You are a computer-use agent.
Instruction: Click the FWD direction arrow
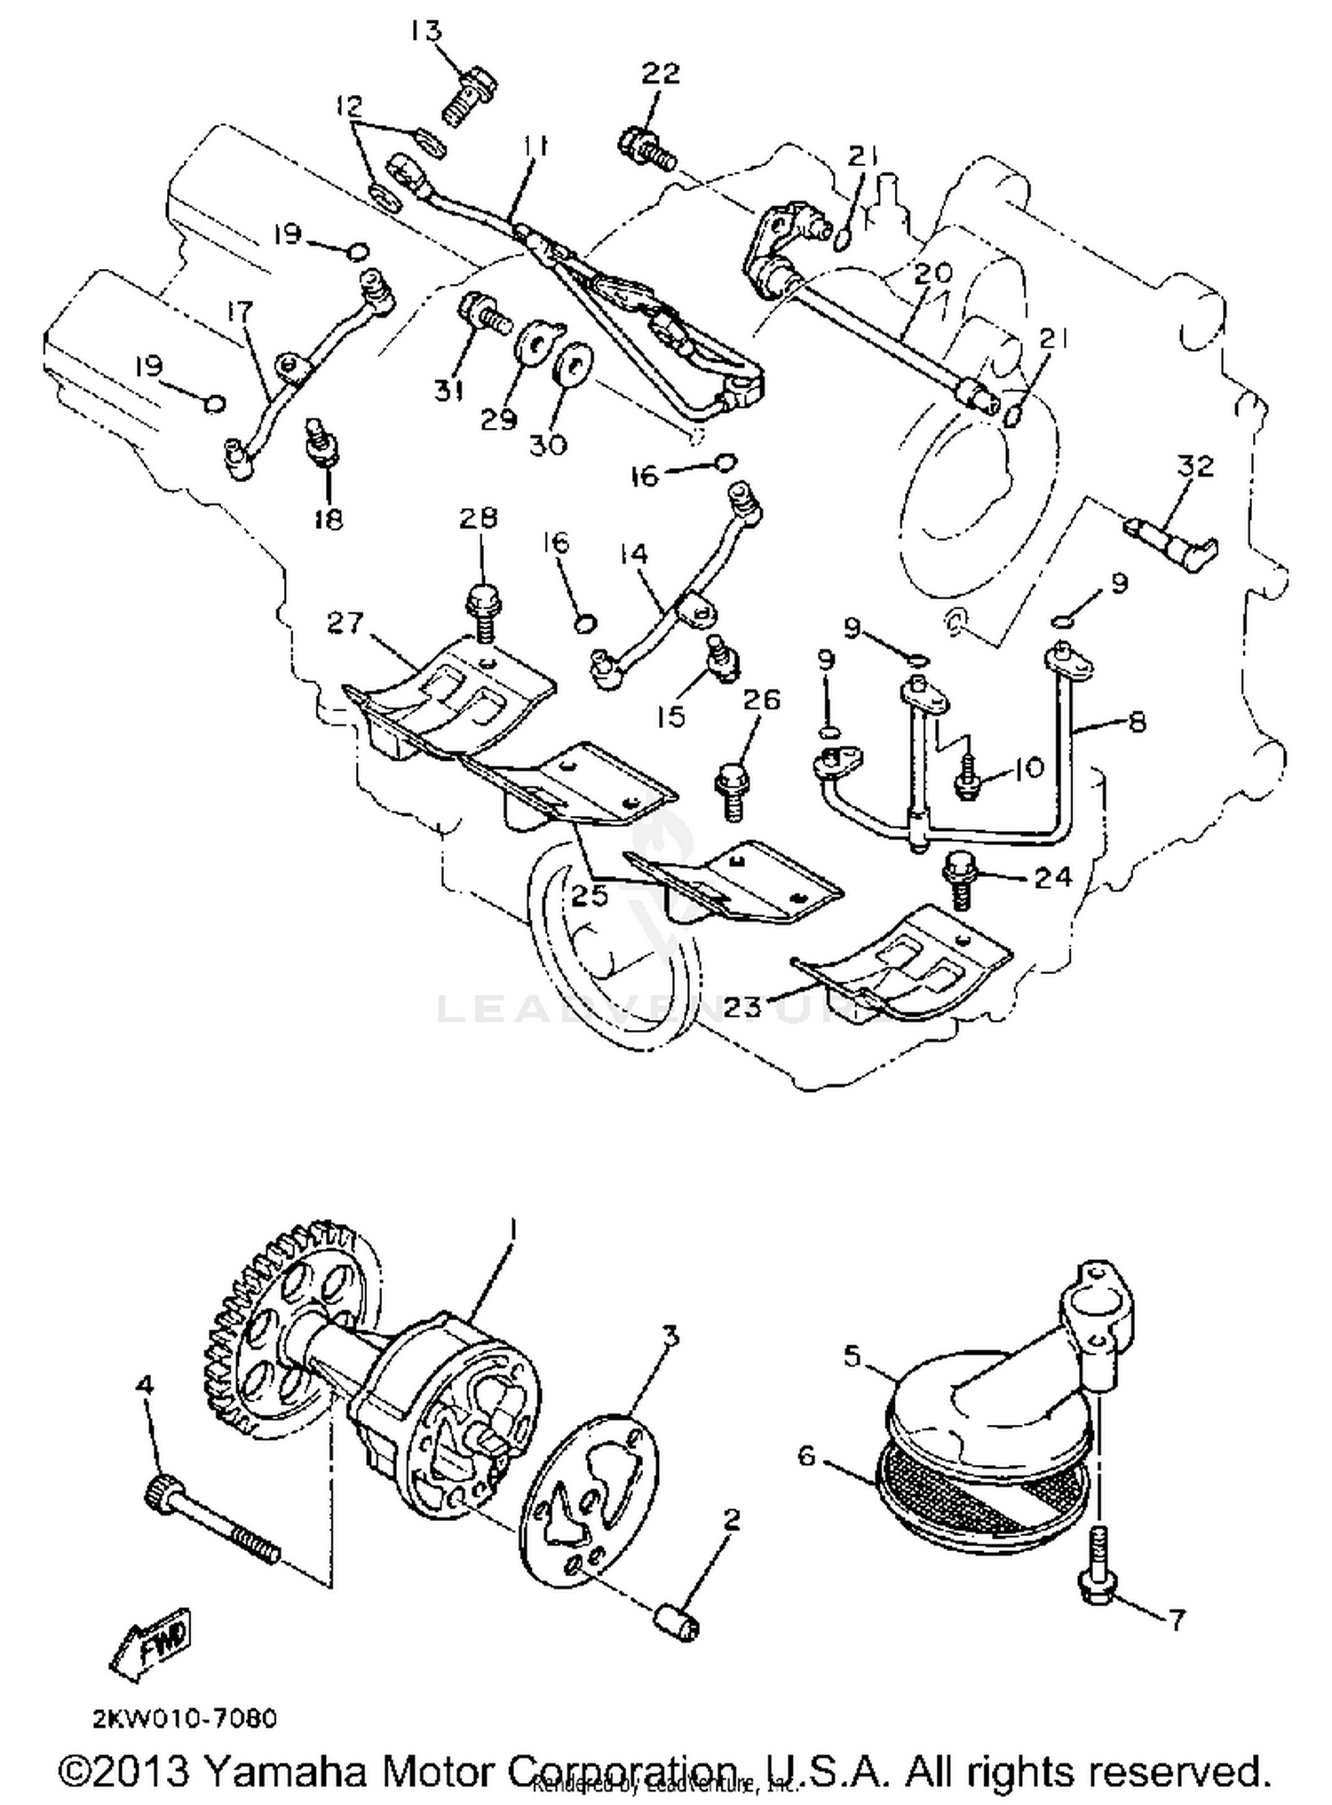(x=153, y=1645)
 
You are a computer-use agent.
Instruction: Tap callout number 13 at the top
(x=425, y=31)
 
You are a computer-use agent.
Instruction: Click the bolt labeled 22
(x=646, y=149)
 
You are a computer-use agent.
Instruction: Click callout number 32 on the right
(x=1195, y=466)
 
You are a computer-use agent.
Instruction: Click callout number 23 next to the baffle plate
(x=743, y=1006)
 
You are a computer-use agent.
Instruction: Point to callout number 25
(x=590, y=895)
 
